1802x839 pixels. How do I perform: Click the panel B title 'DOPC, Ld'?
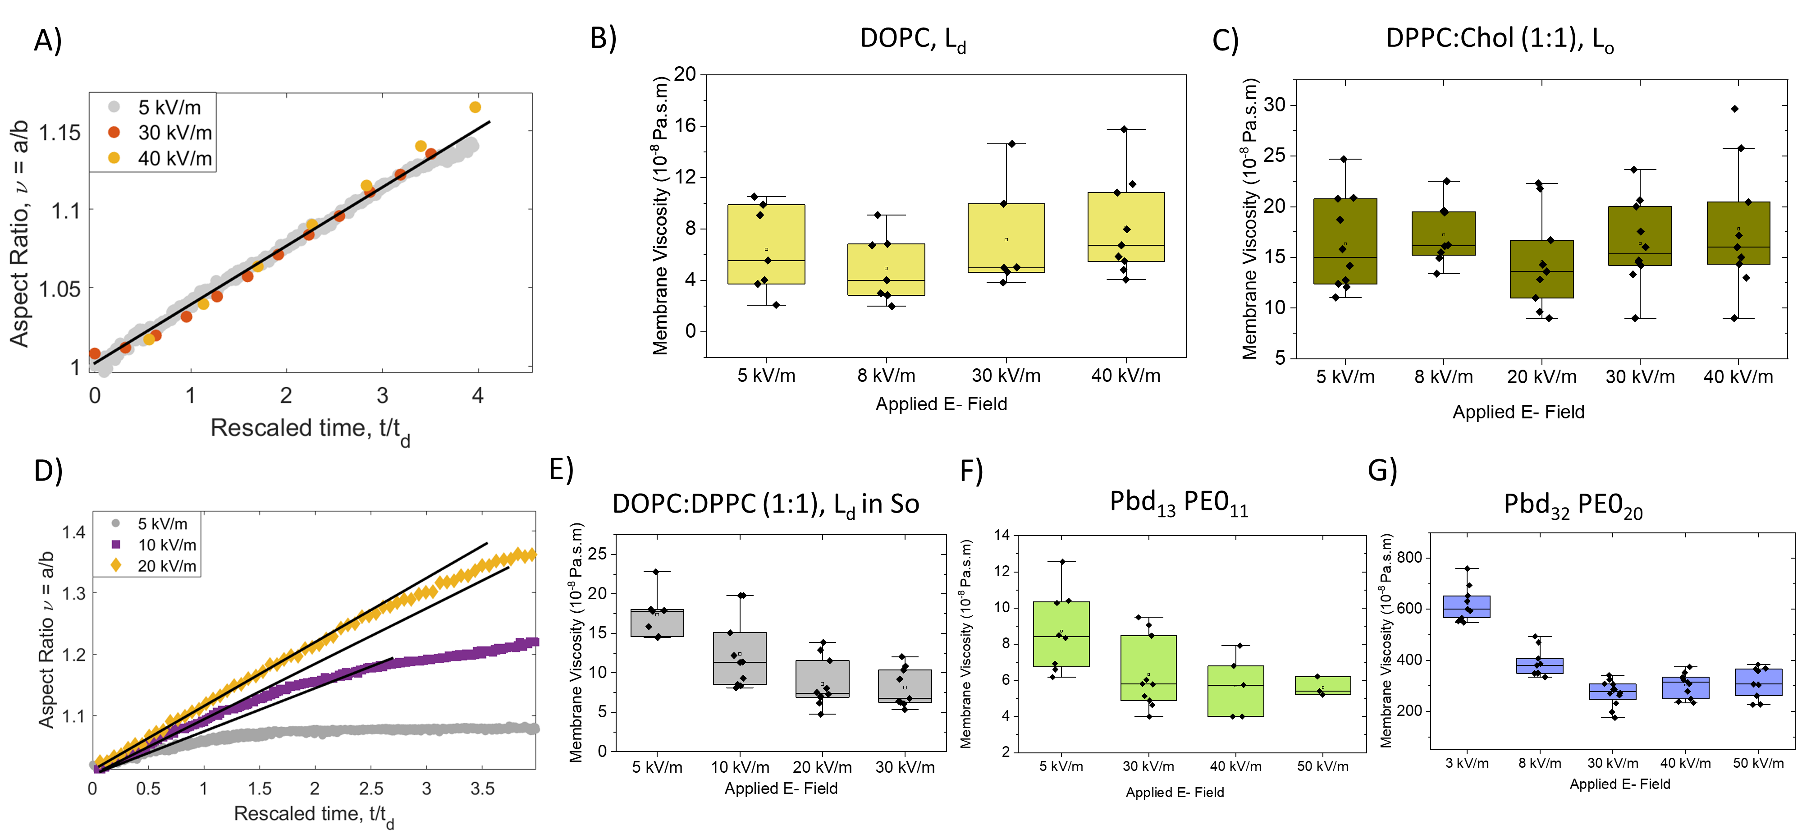click(x=912, y=39)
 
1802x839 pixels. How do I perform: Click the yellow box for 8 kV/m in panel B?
click(x=886, y=270)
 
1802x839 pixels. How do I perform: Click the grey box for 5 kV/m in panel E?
click(x=657, y=623)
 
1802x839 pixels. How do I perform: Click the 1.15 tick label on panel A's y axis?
click(x=59, y=133)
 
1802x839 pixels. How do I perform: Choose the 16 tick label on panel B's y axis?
click(x=685, y=125)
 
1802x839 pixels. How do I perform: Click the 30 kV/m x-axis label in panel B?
click(x=1006, y=376)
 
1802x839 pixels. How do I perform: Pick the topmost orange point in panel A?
click(x=475, y=107)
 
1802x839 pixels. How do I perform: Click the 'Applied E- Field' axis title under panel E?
click(x=781, y=789)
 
